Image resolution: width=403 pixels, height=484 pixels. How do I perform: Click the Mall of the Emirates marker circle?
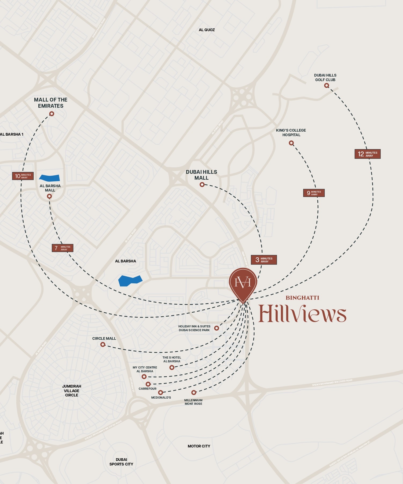52,114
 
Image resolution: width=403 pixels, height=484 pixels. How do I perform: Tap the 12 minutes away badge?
367,154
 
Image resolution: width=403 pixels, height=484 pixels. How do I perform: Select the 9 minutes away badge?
314,193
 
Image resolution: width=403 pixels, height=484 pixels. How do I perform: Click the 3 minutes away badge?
263,260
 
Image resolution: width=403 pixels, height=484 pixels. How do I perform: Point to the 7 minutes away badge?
62,248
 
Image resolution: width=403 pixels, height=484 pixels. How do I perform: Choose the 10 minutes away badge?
23,176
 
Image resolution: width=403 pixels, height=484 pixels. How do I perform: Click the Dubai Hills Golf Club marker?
327,86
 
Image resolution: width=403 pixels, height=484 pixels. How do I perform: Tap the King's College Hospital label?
291,132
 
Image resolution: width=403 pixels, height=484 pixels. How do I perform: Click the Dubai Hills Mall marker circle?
202,185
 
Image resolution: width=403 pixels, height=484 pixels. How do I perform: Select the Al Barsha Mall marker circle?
49,197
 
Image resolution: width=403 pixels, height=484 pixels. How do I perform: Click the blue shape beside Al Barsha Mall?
50,178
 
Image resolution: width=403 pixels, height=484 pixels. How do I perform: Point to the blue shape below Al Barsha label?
130,281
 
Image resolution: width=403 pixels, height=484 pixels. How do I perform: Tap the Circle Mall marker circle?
103,345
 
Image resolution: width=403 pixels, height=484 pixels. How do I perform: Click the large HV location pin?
243,284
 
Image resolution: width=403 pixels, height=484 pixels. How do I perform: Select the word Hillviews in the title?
302,314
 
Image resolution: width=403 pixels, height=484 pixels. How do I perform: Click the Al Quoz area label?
207,30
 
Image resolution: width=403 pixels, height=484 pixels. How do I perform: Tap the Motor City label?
199,446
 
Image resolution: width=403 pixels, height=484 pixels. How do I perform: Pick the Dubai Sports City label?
121,462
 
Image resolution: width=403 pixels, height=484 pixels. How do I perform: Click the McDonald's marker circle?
160,392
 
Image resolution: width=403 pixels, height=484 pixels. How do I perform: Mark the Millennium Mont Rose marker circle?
193,392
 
